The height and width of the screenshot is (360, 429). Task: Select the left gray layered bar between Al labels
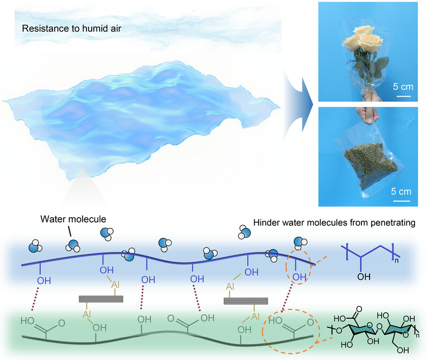coord(101,299)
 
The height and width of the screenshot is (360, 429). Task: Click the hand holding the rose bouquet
coord(354,98)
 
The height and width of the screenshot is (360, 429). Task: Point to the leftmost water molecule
coord(35,247)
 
